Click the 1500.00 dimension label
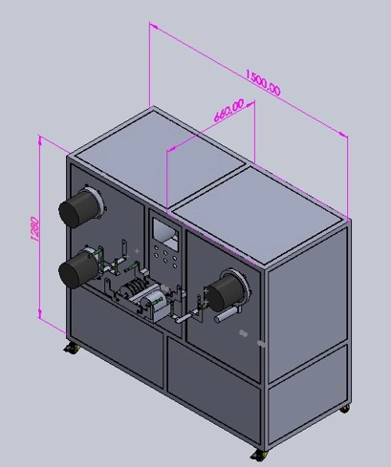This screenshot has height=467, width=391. point(263,82)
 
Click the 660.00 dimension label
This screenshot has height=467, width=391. point(228,110)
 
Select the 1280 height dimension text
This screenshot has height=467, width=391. point(35,229)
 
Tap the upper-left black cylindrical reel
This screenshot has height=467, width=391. point(80,206)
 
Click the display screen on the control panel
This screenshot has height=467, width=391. point(165,233)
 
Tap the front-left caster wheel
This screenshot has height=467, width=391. point(72,348)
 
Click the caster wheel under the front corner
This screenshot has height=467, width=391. point(258,456)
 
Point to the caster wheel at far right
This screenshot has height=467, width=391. point(344,409)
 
